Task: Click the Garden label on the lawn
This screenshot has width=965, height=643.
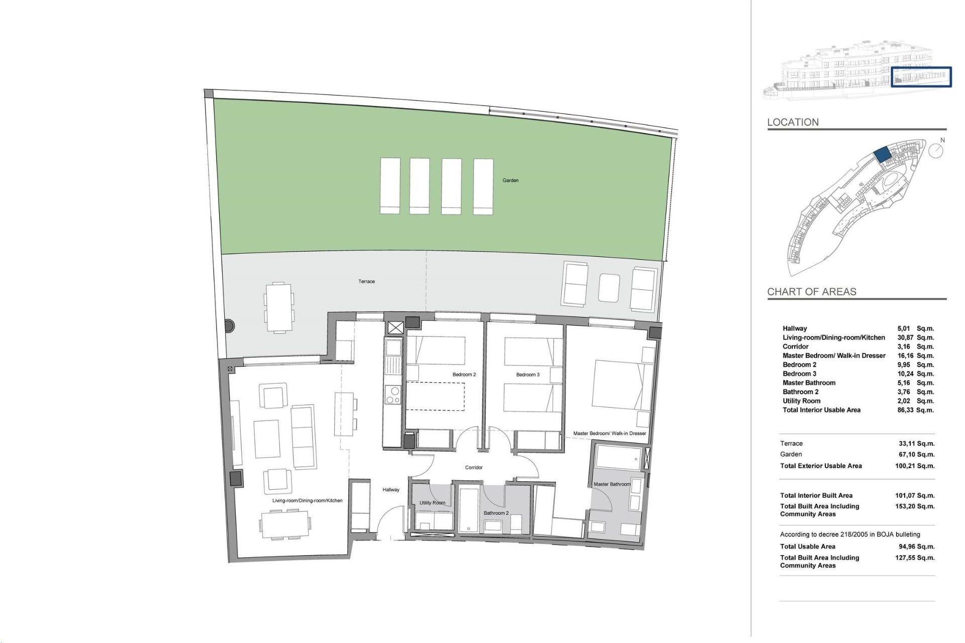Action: coord(510,180)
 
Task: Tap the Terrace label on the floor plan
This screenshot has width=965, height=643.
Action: coord(366,281)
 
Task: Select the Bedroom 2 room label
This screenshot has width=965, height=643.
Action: coord(464,374)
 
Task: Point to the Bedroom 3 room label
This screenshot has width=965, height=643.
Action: coord(528,374)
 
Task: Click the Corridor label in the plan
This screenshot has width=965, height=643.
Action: coord(473,467)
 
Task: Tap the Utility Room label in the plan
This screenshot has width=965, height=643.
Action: coord(432,502)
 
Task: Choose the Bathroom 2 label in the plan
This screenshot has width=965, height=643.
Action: coord(496,513)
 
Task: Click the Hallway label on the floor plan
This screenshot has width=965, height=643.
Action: coord(391,489)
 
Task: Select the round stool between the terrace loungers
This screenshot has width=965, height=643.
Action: coord(609,288)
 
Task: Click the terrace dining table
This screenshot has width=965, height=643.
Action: coord(278,307)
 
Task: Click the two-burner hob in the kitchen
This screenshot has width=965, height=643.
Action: coord(393,395)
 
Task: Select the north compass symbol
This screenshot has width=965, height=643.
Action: coord(935,150)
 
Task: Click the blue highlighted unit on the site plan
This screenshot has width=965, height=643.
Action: coord(882,155)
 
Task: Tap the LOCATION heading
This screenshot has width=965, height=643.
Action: coord(793,122)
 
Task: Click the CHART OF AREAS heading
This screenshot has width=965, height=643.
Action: coord(811,291)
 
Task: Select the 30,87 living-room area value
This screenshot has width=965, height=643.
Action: coord(905,338)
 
